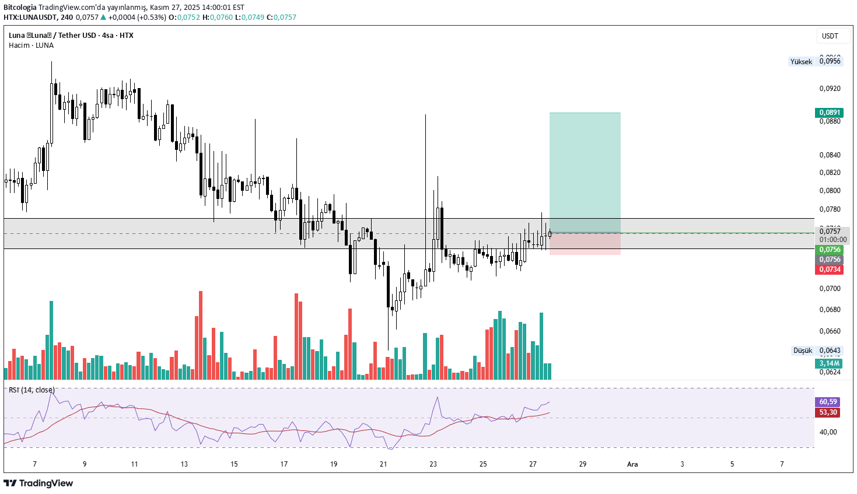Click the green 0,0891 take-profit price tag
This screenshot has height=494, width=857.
coord(828,113)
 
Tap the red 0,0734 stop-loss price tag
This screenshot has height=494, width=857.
coord(828,269)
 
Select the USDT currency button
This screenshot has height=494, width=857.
coord(830,36)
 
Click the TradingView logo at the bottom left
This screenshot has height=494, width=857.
coord(39,483)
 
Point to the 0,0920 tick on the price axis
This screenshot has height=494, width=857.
coord(830,89)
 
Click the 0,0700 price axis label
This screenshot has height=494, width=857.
coord(830,289)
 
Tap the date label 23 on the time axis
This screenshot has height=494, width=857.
coord(433,464)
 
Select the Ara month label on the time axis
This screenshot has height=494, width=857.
coord(632,464)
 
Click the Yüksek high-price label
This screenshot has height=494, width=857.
coord(801,62)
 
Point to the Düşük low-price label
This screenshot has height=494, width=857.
coord(802,351)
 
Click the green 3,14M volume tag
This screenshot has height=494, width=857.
coord(828,363)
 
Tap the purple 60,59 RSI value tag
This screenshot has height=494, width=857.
coord(828,402)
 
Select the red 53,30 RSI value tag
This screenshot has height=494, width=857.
coord(828,412)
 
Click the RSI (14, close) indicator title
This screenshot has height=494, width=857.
coord(32,390)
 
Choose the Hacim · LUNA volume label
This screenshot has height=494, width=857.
coord(31,45)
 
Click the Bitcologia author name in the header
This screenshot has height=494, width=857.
coord(20,8)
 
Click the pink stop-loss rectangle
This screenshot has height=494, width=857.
coord(585,244)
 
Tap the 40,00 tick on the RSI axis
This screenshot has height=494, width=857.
coord(828,432)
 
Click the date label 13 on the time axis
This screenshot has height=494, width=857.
coord(184,464)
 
